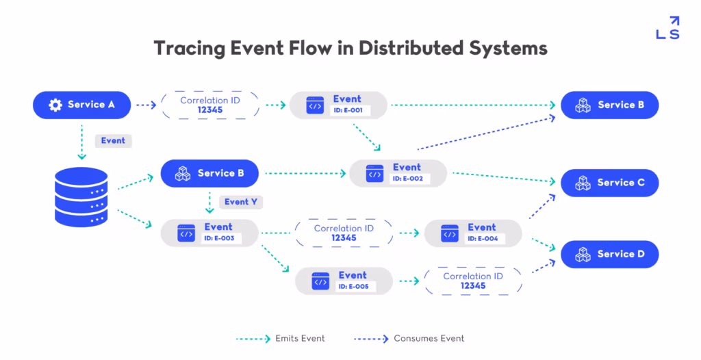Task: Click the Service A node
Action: (82, 105)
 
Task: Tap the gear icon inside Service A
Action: (55, 105)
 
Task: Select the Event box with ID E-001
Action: (338, 105)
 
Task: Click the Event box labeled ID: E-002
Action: (398, 173)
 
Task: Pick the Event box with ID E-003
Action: (209, 233)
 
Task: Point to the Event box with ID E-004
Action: (473, 233)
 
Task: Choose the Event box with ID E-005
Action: (344, 281)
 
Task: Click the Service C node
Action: (609, 183)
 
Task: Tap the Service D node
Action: (609, 254)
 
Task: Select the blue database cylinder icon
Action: (81, 197)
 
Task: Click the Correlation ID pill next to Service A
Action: (209, 105)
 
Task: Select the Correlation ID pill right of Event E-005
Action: (472, 281)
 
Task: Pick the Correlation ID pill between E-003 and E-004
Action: (344, 233)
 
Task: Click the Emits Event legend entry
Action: (281, 338)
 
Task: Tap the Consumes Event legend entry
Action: (409, 338)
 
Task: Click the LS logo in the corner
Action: (667, 28)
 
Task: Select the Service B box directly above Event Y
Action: (209, 173)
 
